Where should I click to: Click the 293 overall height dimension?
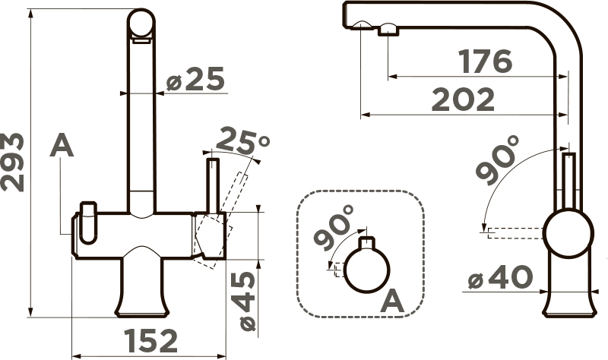12,162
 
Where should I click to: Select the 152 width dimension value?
151,341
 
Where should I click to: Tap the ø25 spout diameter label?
195,79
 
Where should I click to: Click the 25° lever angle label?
242,141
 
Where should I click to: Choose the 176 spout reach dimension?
485,62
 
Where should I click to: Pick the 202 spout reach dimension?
464,99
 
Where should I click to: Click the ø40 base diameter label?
500,276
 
